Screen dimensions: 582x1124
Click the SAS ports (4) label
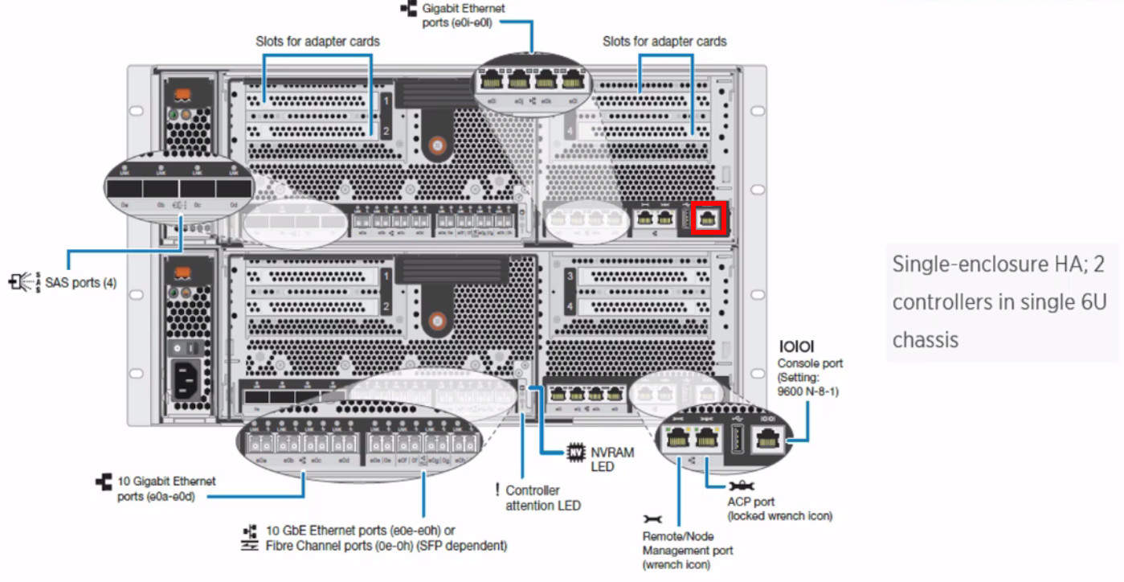[80, 283]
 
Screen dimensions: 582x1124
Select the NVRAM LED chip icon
[574, 453]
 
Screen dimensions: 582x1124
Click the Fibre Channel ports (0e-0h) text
[386, 546]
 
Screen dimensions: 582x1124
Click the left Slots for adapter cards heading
[317, 40]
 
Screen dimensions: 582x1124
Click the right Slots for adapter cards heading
[664, 41]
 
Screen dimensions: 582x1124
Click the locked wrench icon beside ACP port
[740, 486]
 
